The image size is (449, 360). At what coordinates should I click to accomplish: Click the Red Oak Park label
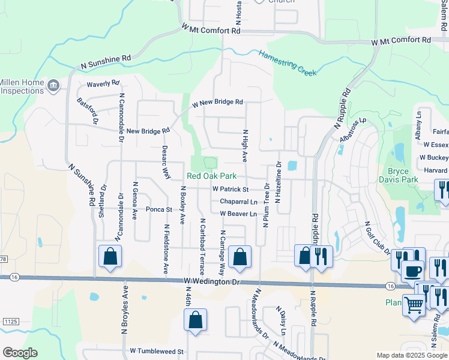click(211, 176)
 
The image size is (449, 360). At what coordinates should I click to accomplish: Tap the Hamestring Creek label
click(288, 62)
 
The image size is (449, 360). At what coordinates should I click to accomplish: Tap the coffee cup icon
click(412, 271)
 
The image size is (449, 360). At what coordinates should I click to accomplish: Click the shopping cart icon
click(414, 305)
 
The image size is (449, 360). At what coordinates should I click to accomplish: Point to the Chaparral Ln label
click(238, 202)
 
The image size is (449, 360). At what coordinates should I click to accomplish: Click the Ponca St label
click(160, 210)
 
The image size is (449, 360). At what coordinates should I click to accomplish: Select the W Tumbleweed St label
click(156, 350)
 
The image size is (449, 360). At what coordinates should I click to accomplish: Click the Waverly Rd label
click(103, 84)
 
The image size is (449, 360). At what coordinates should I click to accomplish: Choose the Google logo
click(20, 353)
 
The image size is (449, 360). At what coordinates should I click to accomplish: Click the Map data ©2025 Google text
click(411, 355)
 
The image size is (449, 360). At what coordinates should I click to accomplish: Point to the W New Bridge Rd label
click(217, 103)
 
